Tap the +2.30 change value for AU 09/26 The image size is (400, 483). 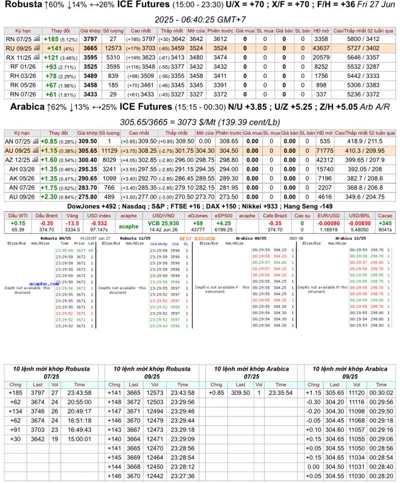[x=50, y=197]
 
